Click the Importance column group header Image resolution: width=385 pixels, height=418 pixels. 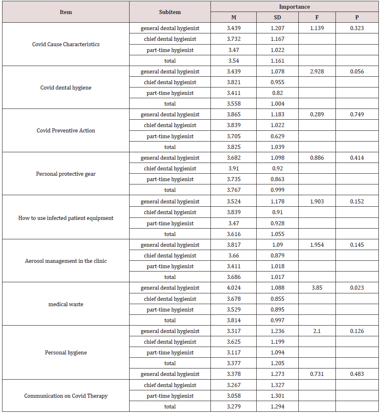(294, 7)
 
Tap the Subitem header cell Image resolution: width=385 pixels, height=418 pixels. (170, 12)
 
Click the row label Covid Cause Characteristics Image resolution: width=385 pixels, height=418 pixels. (66, 44)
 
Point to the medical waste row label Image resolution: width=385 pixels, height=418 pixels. (66, 304)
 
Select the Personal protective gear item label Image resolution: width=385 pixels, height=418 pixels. (66, 174)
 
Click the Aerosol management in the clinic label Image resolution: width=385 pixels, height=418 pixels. (66, 261)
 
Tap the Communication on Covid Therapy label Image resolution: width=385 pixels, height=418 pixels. (66, 396)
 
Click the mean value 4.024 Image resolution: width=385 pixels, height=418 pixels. (234, 288)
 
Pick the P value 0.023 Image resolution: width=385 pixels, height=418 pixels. (357, 288)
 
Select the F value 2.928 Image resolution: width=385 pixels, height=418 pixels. (317, 71)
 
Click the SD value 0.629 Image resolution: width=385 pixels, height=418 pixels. (278, 136)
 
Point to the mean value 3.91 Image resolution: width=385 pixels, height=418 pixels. (234, 168)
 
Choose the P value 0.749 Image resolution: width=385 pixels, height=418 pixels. (357, 114)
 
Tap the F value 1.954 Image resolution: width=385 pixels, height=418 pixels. (317, 245)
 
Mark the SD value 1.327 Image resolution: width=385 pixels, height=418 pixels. (278, 385)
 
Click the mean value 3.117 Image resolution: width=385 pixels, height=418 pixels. (234, 352)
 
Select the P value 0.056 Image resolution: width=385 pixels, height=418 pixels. (357, 71)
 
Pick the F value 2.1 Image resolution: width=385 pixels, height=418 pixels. (317, 331)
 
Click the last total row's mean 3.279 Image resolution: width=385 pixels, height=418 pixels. (234, 406)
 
